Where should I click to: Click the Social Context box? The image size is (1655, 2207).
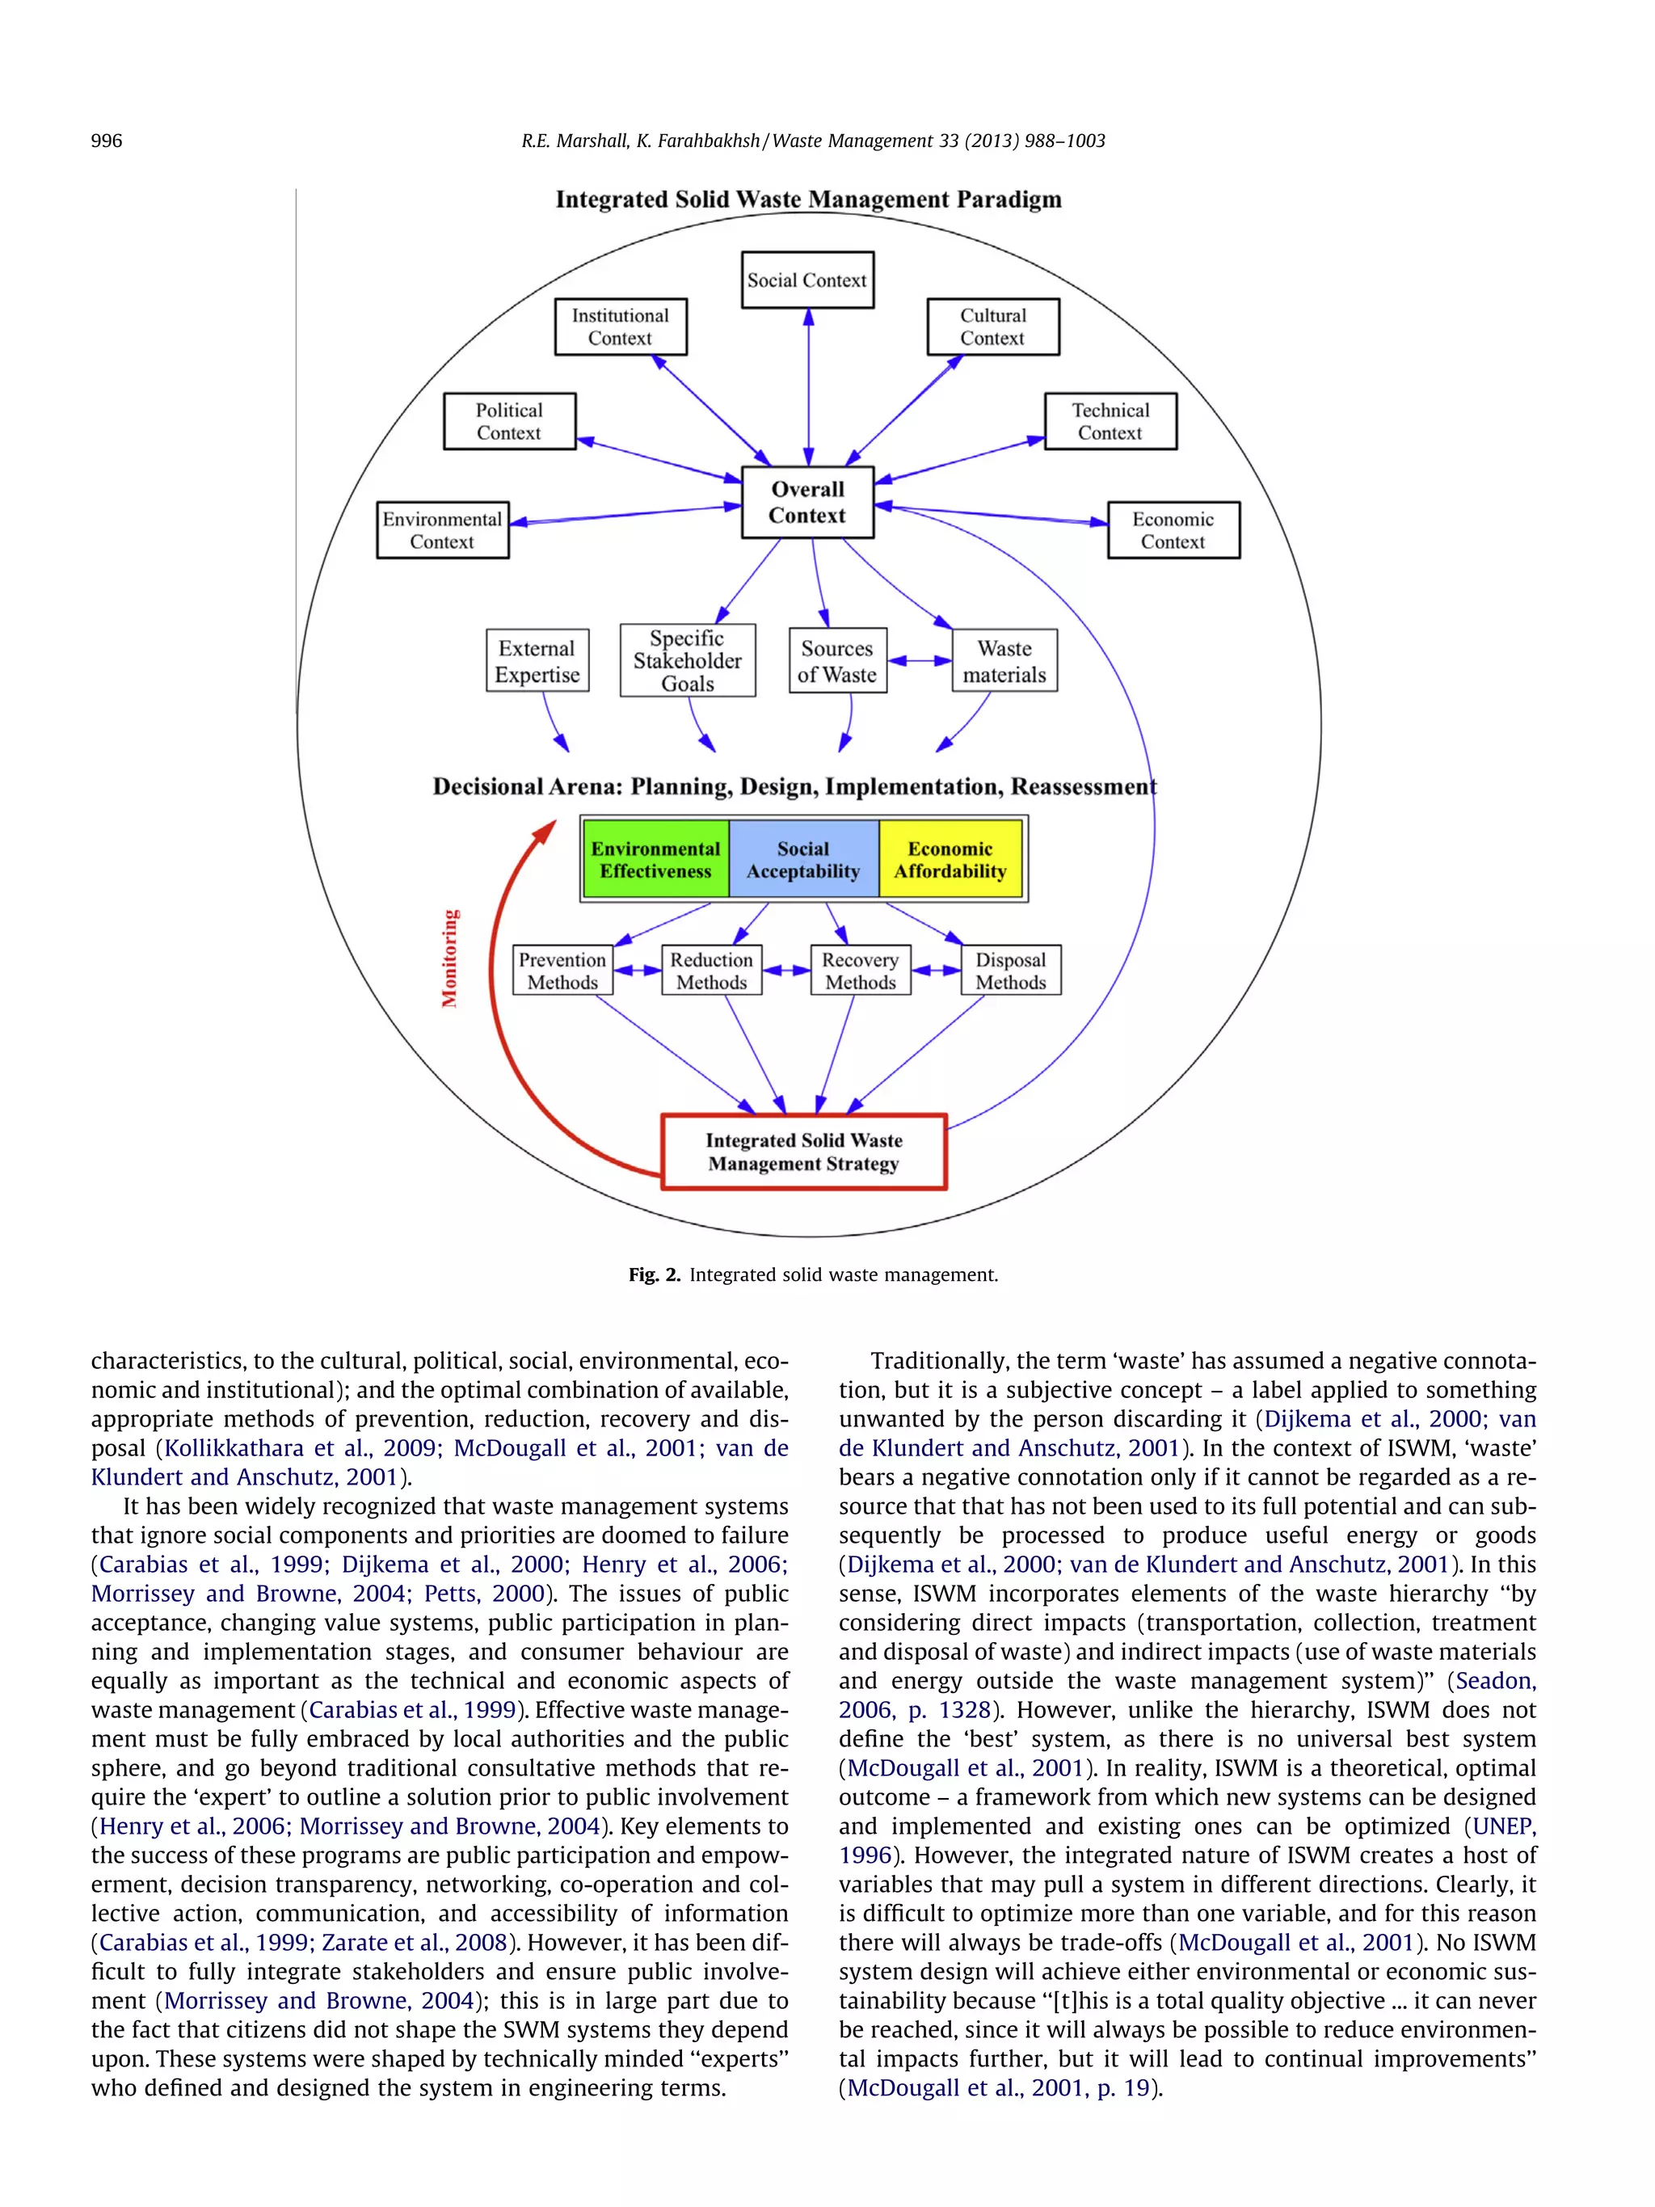pos(807,280)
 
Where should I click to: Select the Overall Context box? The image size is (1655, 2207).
pos(807,503)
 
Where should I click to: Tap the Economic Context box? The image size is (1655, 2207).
pos(1173,530)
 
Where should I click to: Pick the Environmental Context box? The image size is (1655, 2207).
pos(442,530)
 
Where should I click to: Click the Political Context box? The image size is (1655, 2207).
pos(509,421)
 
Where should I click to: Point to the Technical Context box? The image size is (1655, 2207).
pos(1110,421)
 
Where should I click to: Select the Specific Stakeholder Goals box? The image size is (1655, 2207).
pos(688,660)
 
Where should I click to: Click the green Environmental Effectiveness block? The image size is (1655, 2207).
pos(655,859)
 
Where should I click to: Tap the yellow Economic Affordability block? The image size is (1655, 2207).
pos(950,859)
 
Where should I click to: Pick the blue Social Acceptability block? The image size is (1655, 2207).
pos(803,859)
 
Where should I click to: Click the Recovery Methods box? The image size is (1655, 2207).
pos(860,971)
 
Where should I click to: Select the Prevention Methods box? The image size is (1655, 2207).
pos(562,971)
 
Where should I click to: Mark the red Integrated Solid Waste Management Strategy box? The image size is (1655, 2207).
pos(803,1152)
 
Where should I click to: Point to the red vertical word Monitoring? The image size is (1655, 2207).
pos(450,958)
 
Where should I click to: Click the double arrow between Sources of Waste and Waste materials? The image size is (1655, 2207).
pos(919,660)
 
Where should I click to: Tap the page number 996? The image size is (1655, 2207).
pos(107,141)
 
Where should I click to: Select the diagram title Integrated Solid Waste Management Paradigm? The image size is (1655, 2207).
pos(808,200)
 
